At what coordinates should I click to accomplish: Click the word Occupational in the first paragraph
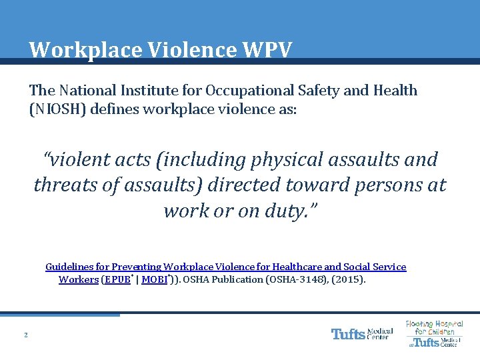pyautogui.click(x=251, y=91)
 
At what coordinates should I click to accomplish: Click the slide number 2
pyautogui.click(x=25, y=335)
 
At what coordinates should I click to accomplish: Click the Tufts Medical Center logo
pyautogui.click(x=362, y=333)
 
